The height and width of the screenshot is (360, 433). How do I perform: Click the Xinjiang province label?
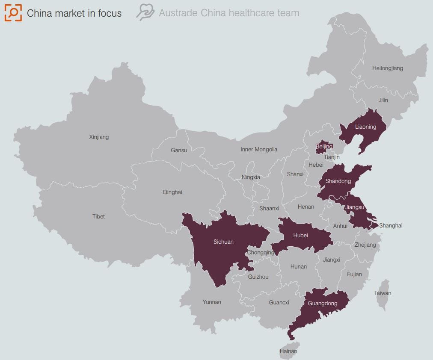pyautogui.click(x=99, y=137)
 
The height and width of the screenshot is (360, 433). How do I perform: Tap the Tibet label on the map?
pyautogui.click(x=98, y=216)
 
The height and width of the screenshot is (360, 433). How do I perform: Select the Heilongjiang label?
pyautogui.click(x=387, y=68)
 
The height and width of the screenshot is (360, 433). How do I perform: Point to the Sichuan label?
pyautogui.click(x=223, y=242)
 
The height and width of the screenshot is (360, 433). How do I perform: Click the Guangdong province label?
pyautogui.click(x=323, y=304)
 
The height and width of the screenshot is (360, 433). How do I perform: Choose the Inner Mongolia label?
pyautogui.click(x=259, y=150)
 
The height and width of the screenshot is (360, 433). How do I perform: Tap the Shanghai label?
pyautogui.click(x=391, y=226)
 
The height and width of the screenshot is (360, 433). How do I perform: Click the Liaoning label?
pyautogui.click(x=365, y=127)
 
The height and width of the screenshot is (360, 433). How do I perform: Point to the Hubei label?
pyautogui.click(x=301, y=236)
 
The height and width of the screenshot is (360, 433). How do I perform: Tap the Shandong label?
pyautogui.click(x=338, y=181)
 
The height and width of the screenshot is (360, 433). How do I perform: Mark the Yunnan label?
pyautogui.click(x=212, y=302)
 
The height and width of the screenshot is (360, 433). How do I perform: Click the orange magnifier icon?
pyautogui.click(x=13, y=13)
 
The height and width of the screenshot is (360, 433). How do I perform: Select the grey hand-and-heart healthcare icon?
pyautogui.click(x=145, y=12)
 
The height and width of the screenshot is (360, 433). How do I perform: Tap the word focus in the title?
pyautogui.click(x=110, y=13)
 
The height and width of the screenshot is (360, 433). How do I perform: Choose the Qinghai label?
pyautogui.click(x=172, y=192)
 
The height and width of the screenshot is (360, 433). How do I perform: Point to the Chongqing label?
pyautogui.click(x=261, y=253)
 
